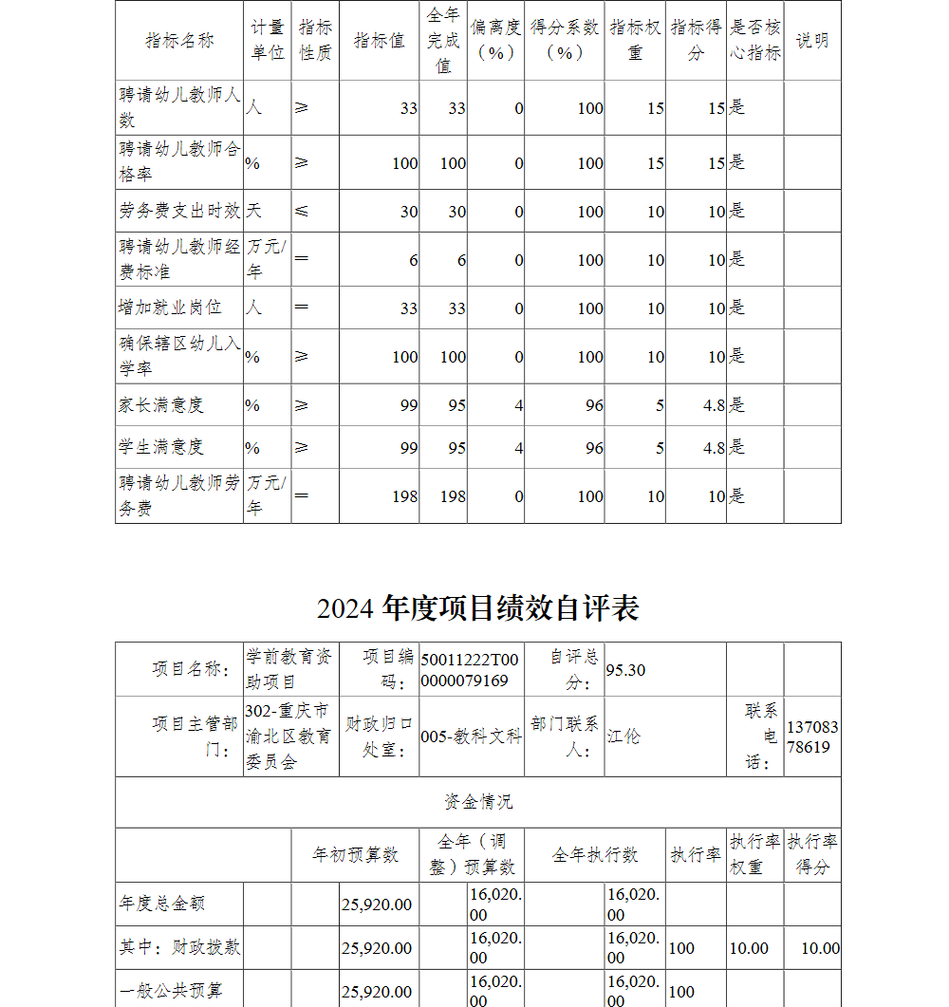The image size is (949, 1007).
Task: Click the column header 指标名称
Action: pyautogui.click(x=179, y=41)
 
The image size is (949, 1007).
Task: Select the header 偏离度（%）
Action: pyautogui.click(x=495, y=41)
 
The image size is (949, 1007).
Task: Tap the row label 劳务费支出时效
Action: pyautogui.click(x=179, y=212)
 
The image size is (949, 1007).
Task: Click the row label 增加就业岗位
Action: pyautogui.click(x=170, y=308)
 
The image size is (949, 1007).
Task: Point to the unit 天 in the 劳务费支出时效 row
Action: pyautogui.click(x=254, y=212)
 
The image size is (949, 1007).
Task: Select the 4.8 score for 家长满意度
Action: pyautogui.click(x=714, y=405)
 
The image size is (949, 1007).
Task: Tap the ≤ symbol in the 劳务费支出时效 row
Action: pyautogui.click(x=301, y=212)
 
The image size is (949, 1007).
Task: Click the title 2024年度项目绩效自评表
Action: pyautogui.click(x=477, y=607)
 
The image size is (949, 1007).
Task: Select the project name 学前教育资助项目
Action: pyautogui.click(x=289, y=669)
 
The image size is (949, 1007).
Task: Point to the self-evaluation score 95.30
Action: pyautogui.click(x=626, y=670)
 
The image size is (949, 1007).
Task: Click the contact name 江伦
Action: pyautogui.click(x=623, y=737)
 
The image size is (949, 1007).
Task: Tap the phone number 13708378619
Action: pyautogui.click(x=812, y=737)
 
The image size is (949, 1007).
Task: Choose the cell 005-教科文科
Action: pyautogui.click(x=471, y=737)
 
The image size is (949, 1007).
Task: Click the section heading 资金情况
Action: pyautogui.click(x=477, y=802)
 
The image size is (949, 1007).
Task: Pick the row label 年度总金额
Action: pyautogui.click(x=161, y=904)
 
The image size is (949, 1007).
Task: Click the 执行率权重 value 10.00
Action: pyautogui.click(x=749, y=948)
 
